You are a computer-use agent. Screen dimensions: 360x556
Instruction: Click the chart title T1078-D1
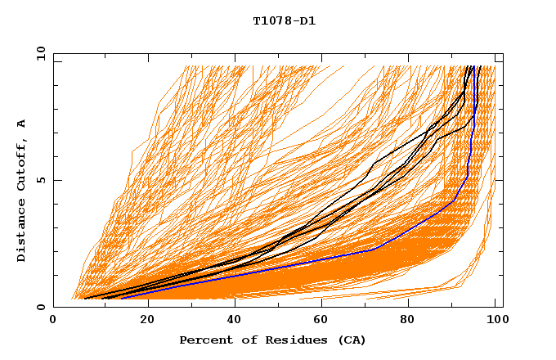[284, 20]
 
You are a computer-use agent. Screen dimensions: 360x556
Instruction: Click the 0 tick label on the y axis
[40, 308]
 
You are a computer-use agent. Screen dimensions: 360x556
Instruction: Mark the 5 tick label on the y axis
[40, 180]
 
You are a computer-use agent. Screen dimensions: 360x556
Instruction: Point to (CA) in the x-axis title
[352, 340]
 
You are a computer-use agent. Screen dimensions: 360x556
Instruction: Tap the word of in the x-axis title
[244, 340]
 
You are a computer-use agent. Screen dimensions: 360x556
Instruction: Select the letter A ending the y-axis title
[22, 124]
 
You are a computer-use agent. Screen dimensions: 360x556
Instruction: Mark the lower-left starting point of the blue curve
[121, 299]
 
